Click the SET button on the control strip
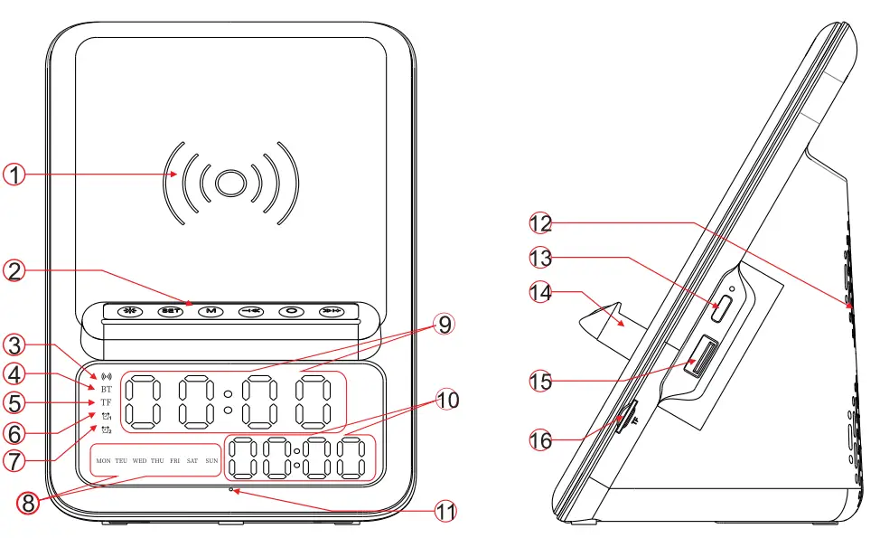(x=169, y=312)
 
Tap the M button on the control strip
(x=210, y=312)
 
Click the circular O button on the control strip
(x=292, y=312)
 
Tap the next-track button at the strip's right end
(x=332, y=312)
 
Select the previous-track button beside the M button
(x=250, y=312)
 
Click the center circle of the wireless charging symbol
(x=230, y=182)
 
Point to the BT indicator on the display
(x=107, y=389)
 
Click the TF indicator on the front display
(x=107, y=402)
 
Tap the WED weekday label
(x=139, y=461)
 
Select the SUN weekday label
(x=211, y=461)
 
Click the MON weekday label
(x=103, y=461)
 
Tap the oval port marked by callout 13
(x=723, y=309)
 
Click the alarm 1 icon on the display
(x=107, y=416)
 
